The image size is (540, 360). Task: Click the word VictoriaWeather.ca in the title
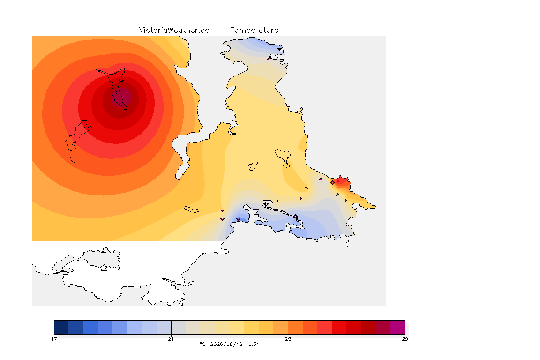click(x=174, y=30)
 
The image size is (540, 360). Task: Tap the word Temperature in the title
click(x=254, y=30)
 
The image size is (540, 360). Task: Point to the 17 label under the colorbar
click(x=54, y=339)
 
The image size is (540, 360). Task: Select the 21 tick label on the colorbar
click(x=171, y=339)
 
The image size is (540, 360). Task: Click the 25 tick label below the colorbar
click(x=288, y=339)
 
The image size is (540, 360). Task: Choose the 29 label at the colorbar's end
click(x=405, y=339)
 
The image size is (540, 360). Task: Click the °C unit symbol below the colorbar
click(x=202, y=344)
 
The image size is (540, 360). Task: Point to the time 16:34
click(x=252, y=344)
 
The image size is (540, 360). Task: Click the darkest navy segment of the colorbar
click(x=61, y=327)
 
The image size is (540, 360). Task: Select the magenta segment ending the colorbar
click(x=398, y=327)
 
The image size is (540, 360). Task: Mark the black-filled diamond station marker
click(x=332, y=183)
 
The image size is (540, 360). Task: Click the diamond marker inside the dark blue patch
click(x=238, y=219)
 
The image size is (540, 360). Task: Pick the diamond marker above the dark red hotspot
click(x=108, y=69)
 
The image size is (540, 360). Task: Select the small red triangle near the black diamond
click(x=338, y=180)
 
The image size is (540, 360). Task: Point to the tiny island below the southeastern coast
click(x=347, y=243)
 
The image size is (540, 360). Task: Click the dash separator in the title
click(x=220, y=30)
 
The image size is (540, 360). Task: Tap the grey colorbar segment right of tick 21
click(x=179, y=327)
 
